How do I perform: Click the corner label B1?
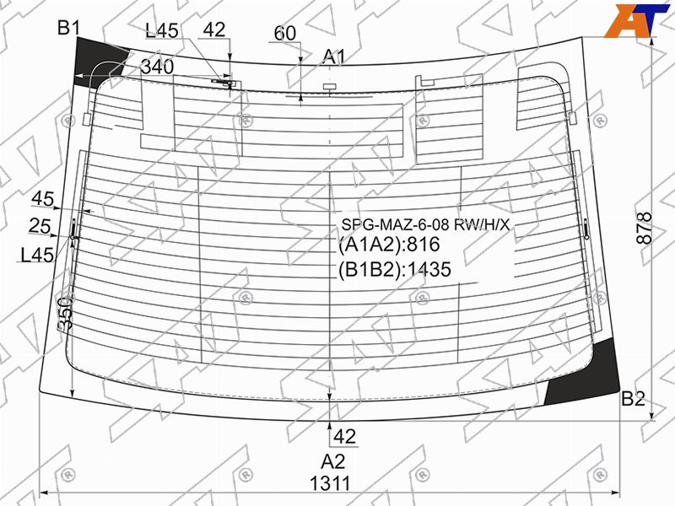(x=69, y=29)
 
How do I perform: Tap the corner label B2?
(x=633, y=399)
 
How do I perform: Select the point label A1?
(x=334, y=57)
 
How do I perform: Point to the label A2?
(x=332, y=461)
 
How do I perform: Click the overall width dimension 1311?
(x=330, y=483)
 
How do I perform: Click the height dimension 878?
(x=645, y=228)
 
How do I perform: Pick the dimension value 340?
(x=158, y=67)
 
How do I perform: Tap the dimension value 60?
(x=285, y=33)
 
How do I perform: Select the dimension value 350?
(x=66, y=312)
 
